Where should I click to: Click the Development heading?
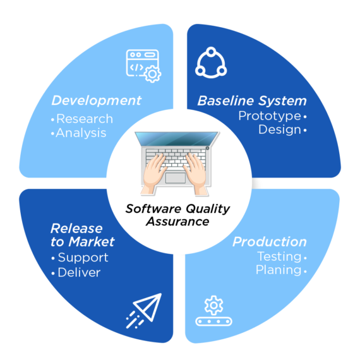96,100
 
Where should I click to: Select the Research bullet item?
84,119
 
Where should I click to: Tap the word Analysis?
81,133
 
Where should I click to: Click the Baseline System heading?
252,101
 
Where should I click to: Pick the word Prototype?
269,116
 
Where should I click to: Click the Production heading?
270,242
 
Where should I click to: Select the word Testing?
278,256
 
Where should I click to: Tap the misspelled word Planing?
278,270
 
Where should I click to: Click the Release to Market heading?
82,235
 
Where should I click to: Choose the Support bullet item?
82,258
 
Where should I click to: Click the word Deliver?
78,273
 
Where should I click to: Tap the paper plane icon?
145,310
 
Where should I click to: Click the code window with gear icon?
143,65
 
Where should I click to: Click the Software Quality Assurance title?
177,215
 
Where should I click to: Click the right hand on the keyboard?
197,169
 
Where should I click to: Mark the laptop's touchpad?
176,178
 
